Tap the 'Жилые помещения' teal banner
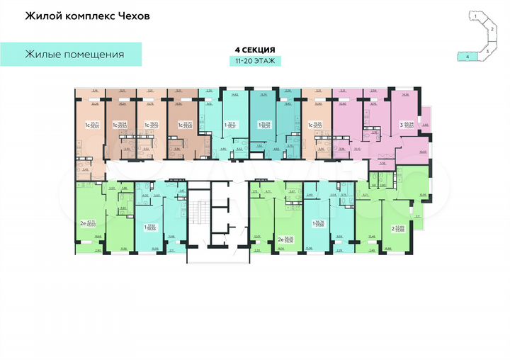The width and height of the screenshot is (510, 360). point(74,54)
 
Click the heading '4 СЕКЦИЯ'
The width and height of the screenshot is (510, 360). point(254,50)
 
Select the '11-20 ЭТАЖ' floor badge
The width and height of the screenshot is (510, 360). point(254,62)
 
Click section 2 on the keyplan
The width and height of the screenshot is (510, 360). point(491,29)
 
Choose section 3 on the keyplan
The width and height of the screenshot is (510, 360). point(487,51)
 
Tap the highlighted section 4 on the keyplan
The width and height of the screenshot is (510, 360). point(467,55)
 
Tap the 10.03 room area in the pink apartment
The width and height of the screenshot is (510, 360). point(424,151)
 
